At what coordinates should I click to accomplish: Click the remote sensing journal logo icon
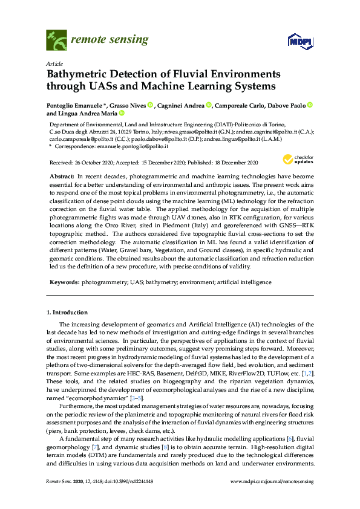point(56,40)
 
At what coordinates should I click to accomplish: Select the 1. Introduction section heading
point(67,312)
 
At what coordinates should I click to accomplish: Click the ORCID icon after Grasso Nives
point(150,105)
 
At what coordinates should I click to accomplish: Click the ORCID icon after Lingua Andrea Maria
point(121,113)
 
